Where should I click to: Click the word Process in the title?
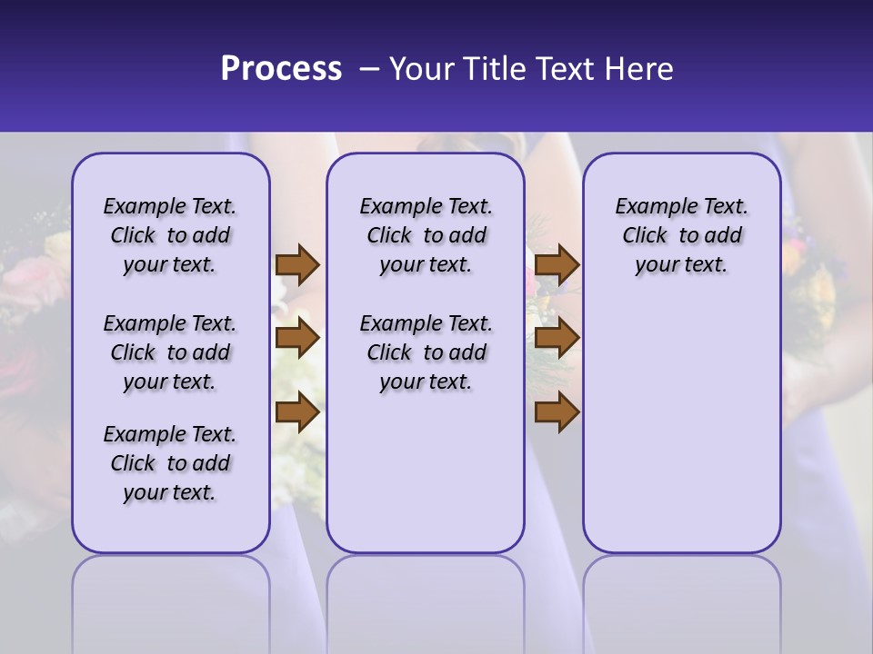(x=281, y=69)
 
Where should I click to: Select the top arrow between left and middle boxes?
(x=297, y=264)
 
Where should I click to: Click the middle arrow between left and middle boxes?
(x=297, y=338)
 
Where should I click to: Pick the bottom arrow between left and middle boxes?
(x=297, y=412)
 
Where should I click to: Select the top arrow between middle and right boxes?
(x=557, y=264)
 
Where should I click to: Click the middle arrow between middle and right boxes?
(x=557, y=338)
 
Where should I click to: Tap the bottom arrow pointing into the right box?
(x=557, y=412)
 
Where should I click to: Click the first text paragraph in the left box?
(x=170, y=235)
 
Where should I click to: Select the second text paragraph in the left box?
(x=170, y=352)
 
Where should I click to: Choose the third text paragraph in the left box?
(x=170, y=463)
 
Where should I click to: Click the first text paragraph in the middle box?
(x=426, y=235)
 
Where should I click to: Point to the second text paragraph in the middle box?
(x=426, y=352)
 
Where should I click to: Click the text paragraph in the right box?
(x=682, y=235)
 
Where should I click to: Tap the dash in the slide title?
(x=369, y=69)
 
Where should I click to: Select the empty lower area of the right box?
(x=682, y=427)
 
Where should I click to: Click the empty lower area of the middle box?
(x=426, y=472)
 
